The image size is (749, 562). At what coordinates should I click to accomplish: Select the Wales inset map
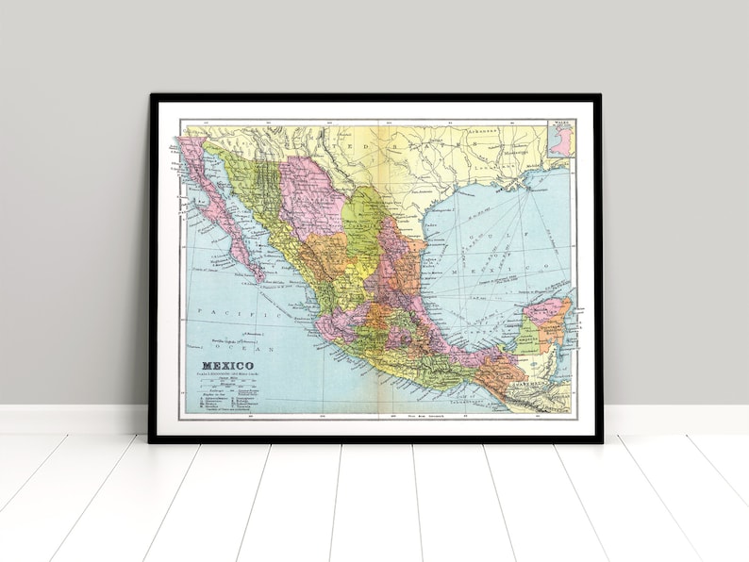pyautogui.click(x=559, y=138)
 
